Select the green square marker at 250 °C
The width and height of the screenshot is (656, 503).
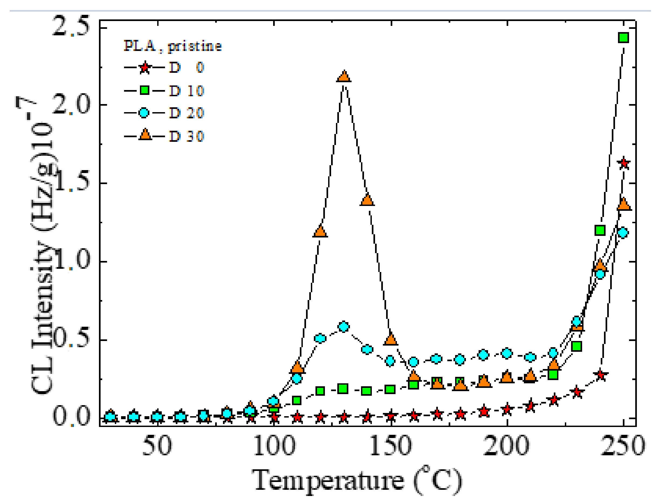click(x=623, y=38)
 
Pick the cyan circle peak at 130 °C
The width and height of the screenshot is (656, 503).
click(x=344, y=327)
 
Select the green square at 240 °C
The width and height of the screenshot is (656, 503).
click(x=600, y=230)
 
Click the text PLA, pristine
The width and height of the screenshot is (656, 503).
click(x=173, y=46)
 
